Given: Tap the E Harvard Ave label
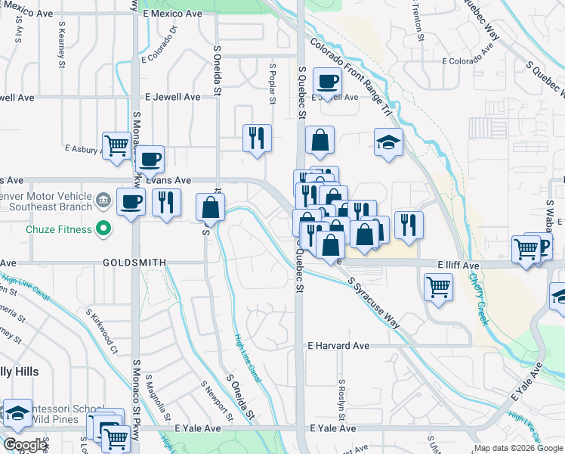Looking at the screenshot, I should click(338, 345).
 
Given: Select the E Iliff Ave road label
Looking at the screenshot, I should click(458, 266).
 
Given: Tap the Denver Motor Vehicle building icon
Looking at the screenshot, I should click(104, 201).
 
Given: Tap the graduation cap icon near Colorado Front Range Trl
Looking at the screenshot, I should click(388, 142).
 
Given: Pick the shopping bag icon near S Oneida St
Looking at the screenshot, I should click(210, 207).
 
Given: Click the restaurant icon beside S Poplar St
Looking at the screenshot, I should click(257, 138).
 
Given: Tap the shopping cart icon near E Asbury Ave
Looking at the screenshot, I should click(117, 145).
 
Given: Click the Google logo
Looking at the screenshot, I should click(26, 444).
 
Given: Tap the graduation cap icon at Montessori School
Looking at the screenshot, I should click(17, 413).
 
